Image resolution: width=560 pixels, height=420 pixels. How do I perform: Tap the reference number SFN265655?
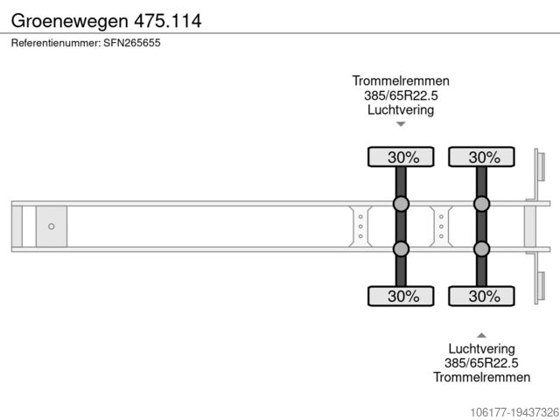86,43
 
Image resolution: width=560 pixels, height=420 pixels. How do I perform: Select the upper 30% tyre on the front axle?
401,157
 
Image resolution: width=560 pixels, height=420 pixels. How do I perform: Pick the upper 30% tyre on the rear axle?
481,157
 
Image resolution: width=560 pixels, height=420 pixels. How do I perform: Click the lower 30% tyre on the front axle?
401,296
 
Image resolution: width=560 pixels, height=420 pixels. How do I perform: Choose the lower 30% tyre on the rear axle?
481,296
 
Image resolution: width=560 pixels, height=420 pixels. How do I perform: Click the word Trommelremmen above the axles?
401,81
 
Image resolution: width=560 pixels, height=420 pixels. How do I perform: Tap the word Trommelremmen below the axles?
481,377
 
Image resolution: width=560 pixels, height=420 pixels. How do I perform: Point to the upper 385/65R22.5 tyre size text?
401,96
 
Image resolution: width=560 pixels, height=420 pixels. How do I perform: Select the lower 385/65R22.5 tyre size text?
481,362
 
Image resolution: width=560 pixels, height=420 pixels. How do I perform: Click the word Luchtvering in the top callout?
401,110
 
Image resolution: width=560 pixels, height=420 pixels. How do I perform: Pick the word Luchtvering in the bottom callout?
481,348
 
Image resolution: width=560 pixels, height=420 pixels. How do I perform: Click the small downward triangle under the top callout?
401,124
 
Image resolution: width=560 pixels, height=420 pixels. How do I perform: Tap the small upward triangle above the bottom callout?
481,334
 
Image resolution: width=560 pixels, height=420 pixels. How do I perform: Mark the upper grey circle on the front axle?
401,204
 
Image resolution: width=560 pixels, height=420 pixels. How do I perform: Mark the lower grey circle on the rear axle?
481,249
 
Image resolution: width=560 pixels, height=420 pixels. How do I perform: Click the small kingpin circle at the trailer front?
51,227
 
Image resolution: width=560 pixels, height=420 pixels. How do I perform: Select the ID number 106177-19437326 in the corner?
501,411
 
